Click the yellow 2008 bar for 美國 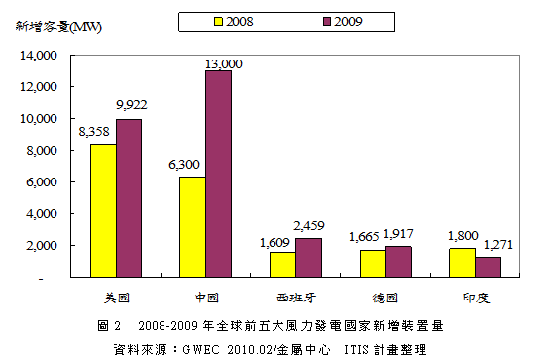[x=103, y=210]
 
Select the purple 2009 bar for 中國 [x=218, y=174]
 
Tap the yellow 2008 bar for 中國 [x=192, y=227]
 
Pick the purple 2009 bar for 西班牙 [x=308, y=258]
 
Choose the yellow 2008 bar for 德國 [x=373, y=264]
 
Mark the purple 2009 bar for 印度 [x=488, y=268]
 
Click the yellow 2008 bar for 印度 [x=462, y=263]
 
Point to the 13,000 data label [x=223, y=64]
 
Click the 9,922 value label [x=132, y=105]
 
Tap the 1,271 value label [x=498, y=245]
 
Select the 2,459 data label [x=309, y=226]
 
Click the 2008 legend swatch [x=218, y=22]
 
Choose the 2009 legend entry [x=343, y=22]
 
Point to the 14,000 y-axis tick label [x=38, y=56]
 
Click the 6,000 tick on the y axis [x=42, y=182]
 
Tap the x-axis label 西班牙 [x=296, y=298]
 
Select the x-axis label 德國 [x=384, y=298]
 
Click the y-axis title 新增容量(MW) [x=58, y=27]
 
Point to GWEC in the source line [x=201, y=350]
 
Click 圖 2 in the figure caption [x=109, y=326]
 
